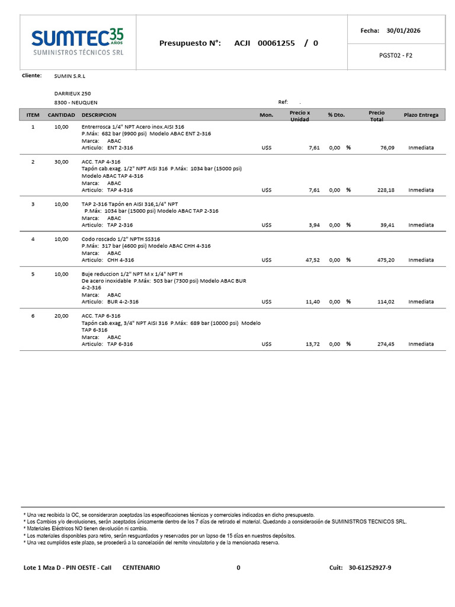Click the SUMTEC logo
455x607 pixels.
click(77, 43)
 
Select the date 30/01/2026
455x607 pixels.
click(403, 30)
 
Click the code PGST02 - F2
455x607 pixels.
click(395, 55)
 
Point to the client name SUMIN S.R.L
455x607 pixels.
click(69, 76)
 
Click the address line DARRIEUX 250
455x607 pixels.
click(72, 94)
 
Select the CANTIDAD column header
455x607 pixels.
click(61, 115)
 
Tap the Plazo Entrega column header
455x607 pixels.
click(421, 115)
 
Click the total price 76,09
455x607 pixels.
click(387, 148)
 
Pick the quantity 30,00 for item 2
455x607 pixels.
click(61, 162)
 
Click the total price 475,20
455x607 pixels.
click(386, 260)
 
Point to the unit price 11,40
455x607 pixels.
click(312, 302)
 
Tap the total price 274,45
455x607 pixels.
click(386, 344)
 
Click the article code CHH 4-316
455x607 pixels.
click(120, 260)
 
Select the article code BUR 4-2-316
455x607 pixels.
click(123, 302)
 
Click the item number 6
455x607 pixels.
click(33, 316)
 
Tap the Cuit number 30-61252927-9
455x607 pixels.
click(370, 568)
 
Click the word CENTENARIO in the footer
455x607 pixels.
click(141, 568)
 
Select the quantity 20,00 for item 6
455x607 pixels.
click(61, 316)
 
